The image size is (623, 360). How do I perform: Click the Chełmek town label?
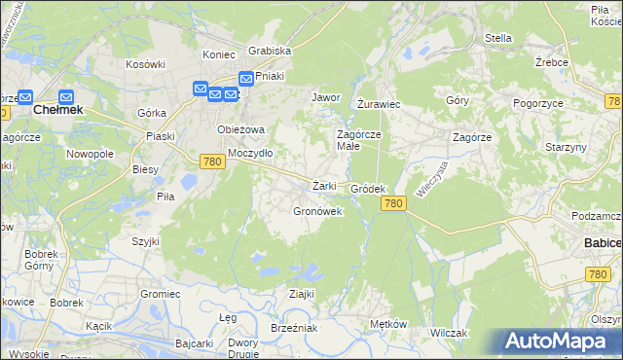pos(57,110)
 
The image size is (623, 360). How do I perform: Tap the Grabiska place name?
pos(270,51)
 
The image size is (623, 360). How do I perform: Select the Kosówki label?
pos(144,64)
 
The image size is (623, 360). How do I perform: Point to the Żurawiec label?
pos(380,103)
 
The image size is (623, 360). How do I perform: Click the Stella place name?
pos(497,39)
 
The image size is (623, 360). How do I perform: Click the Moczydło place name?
pos(250,153)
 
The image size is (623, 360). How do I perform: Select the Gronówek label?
pos(317,211)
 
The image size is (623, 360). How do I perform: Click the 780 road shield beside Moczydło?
pos(214,162)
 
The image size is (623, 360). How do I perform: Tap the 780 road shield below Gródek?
pos(393,202)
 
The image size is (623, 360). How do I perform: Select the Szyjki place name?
pos(145,239)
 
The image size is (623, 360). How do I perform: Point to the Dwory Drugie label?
pos(242,348)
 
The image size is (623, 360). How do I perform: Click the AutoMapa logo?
pos(561,341)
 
